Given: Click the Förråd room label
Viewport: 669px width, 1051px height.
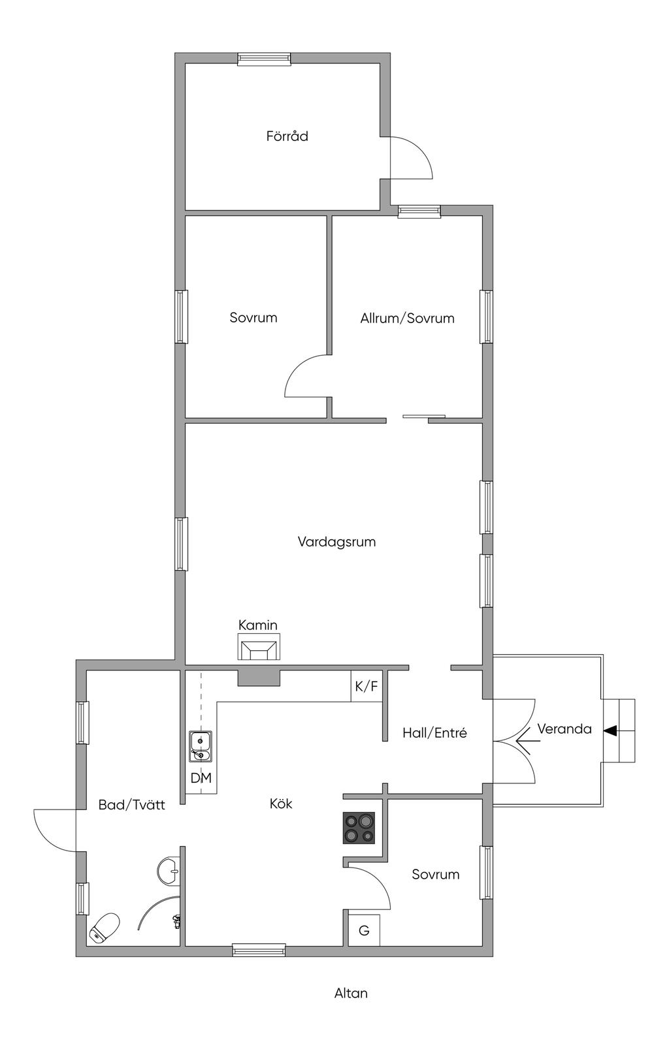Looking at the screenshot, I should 287,136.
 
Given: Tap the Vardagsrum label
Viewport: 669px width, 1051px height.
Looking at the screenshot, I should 336,542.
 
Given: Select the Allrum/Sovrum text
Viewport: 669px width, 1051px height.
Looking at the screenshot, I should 407,319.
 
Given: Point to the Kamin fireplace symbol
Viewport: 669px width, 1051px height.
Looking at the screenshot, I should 259,649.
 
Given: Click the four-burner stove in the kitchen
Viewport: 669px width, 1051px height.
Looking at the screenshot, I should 359,828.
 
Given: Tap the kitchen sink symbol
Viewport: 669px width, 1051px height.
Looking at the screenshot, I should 201,746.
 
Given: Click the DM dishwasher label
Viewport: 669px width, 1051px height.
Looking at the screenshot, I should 201,778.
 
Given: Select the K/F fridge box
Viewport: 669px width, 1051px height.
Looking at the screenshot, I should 367,687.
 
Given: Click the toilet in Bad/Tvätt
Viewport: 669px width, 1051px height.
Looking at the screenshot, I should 105,928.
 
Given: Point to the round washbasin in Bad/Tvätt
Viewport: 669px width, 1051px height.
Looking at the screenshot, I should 169,870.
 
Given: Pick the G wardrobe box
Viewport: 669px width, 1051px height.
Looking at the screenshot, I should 364,931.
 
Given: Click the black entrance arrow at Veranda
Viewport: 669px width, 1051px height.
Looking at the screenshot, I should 610,731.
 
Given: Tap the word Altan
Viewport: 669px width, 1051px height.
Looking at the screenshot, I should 351,994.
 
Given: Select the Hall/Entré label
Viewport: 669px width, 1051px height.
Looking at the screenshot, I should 434,733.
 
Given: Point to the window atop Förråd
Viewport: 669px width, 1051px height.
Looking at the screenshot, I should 264,59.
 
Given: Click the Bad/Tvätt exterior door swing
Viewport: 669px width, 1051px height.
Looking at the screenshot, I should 56,829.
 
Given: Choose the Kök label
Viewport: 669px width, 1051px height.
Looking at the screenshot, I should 281,804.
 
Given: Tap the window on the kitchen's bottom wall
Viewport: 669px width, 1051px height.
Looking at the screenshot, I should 259,950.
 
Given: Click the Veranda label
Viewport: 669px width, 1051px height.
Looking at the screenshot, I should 564,729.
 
